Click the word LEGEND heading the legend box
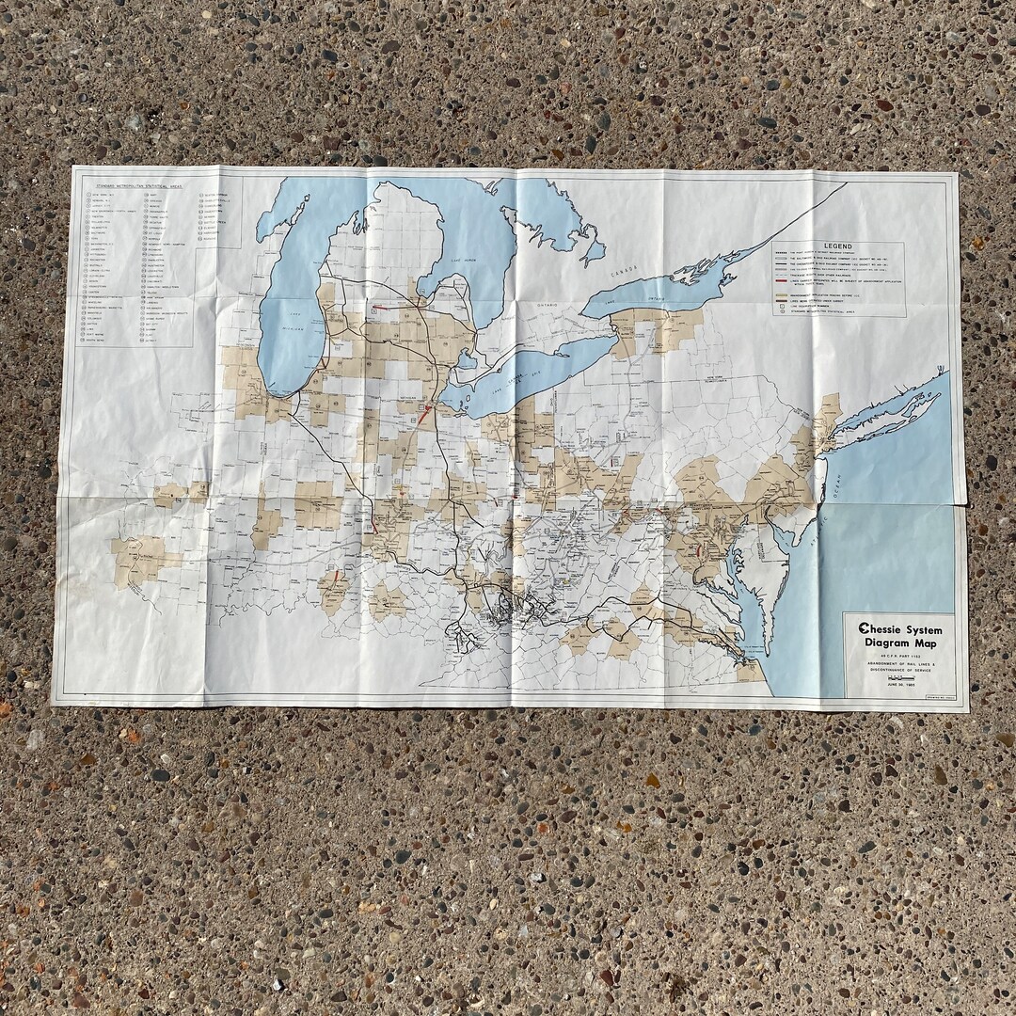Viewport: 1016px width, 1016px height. point(837,246)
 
